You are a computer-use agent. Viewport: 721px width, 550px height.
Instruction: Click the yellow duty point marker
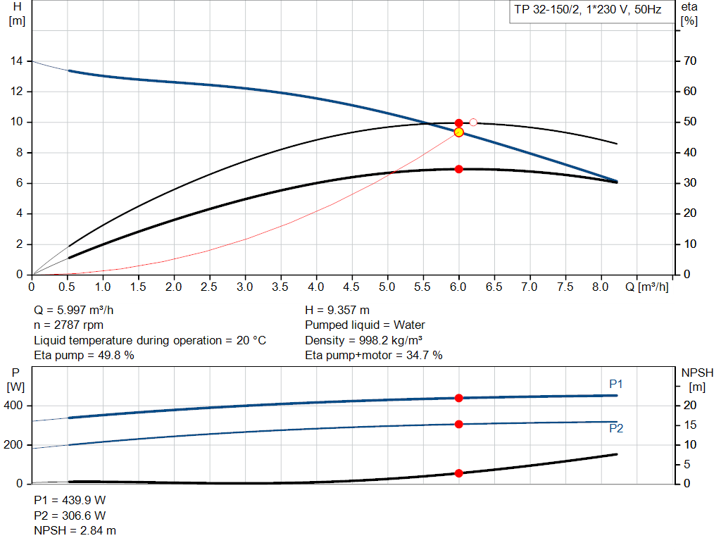pos(459,132)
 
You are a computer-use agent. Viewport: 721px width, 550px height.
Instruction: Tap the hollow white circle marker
pos(473,123)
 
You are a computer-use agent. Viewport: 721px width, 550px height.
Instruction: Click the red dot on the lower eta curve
pos(459,169)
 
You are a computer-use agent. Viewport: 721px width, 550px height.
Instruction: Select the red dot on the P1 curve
pos(459,398)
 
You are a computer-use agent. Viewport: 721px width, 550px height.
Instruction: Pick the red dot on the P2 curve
pos(459,424)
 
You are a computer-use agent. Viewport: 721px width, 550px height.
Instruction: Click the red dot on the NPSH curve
pos(459,473)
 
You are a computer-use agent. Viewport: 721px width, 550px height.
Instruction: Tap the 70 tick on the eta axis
pos(689,61)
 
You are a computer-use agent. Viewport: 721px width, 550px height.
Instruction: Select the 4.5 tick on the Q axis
pos(352,287)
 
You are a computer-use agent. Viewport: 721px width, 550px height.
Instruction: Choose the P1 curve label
pos(616,384)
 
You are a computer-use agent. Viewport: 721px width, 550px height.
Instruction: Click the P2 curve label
pos(616,428)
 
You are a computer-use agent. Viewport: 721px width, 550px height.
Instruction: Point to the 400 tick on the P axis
pos(15,406)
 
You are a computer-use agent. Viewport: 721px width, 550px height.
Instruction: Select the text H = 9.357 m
pos(337,310)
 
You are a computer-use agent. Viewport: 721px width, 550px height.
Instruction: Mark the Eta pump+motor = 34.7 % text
pos(374,356)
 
